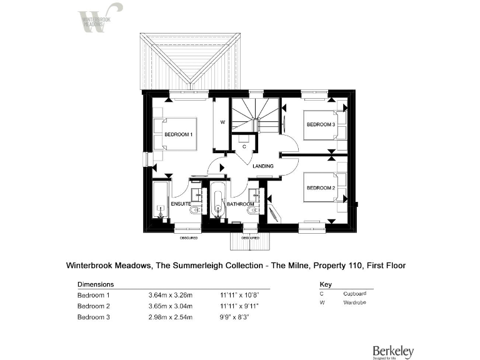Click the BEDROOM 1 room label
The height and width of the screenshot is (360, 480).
[x=179, y=135]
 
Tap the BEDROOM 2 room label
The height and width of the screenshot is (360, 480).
[x=321, y=187]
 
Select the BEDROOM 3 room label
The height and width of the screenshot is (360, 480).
[x=321, y=124]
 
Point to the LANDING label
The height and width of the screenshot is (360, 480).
[x=262, y=167]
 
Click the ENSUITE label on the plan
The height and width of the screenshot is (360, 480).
[x=181, y=204]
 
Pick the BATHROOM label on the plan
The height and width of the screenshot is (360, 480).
[x=240, y=204]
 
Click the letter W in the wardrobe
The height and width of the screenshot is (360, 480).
[x=222, y=122]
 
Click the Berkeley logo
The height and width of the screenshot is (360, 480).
[x=392, y=351]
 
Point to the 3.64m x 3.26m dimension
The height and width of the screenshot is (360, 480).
[x=171, y=295]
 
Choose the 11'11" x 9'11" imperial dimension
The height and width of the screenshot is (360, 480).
[x=239, y=306]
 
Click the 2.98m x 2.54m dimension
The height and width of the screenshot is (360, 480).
[x=171, y=317]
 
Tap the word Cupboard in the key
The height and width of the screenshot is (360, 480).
[x=354, y=293]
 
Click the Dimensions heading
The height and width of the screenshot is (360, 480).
[x=94, y=283]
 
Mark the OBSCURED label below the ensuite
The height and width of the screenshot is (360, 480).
[x=189, y=238]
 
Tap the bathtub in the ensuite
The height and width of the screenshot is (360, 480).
[x=161, y=200]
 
